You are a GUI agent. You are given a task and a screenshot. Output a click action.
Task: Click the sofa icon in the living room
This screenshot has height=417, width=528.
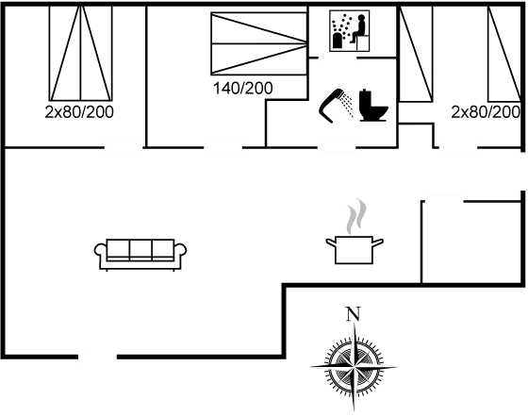click(140, 255)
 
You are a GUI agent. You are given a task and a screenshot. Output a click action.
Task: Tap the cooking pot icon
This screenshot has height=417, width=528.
click(355, 250)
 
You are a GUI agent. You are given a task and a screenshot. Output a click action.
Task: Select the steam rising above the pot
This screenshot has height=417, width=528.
click(356, 216)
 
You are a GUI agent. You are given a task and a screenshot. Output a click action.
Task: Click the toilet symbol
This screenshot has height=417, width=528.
click(373, 105)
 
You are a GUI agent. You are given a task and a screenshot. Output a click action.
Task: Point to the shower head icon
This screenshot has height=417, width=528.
click(335, 105)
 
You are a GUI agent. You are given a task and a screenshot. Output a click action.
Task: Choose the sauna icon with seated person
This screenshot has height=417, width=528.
click(350, 30)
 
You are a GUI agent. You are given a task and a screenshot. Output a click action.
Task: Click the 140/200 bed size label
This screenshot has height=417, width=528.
click(243, 89)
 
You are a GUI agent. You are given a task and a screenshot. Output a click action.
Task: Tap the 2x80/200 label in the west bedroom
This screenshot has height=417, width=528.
click(79, 112)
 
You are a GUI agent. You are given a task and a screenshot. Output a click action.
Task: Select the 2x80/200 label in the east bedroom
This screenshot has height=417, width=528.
click(486, 112)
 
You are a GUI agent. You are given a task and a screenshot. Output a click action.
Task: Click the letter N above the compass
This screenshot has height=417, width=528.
click(354, 314)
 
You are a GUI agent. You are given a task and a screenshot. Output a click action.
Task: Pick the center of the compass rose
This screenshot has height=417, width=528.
click(354, 366)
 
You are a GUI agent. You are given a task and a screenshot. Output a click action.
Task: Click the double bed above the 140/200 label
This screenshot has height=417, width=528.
click(259, 43)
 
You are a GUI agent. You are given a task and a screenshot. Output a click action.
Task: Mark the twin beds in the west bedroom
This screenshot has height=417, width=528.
click(81, 53)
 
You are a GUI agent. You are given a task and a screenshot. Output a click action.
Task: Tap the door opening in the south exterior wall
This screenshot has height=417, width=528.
click(98, 357)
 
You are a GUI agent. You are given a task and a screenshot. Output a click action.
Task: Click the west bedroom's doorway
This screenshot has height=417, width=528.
click(124, 147)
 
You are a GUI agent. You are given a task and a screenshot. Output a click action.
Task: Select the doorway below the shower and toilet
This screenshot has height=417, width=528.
click(337, 147)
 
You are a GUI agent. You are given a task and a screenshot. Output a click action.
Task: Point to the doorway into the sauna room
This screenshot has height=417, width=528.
click(338, 58)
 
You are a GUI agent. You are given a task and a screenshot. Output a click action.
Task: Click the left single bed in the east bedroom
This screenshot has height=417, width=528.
click(416, 54)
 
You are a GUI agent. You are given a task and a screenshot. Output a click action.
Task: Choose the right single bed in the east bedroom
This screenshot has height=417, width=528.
click(504, 54)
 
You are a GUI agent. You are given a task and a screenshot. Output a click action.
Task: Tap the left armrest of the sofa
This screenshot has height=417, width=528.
click(100, 251)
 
